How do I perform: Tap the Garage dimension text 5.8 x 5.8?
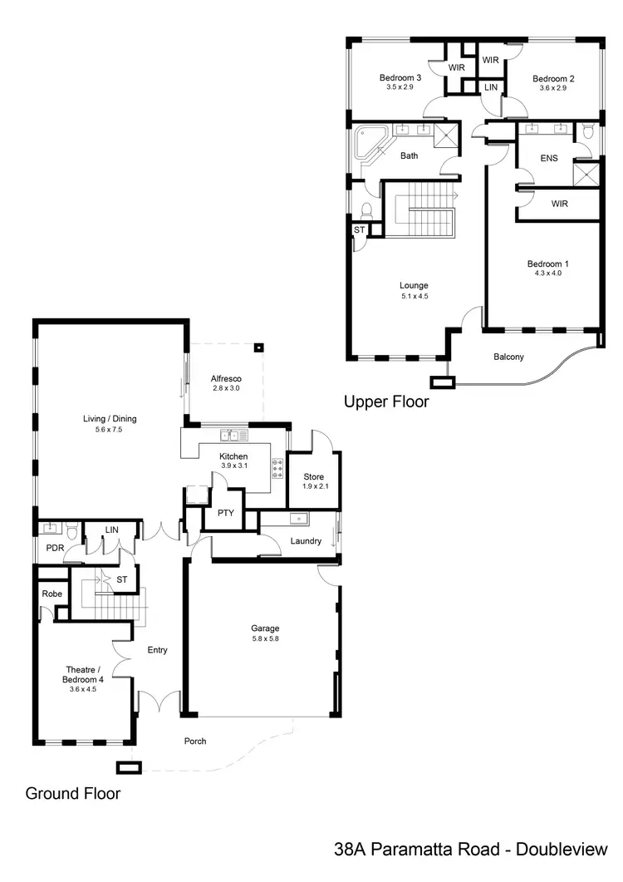point(266,638)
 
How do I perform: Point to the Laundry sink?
point(297,520)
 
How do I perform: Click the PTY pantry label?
point(225,514)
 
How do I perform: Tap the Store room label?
point(313,477)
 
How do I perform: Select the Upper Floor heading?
point(386,402)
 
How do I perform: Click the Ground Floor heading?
point(73,793)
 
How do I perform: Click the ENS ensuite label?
point(549,157)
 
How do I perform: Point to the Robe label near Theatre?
point(52,594)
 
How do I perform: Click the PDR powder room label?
point(55,548)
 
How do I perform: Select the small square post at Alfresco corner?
point(259,348)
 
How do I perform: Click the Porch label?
point(194,741)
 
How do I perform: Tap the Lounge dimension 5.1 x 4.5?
point(414,296)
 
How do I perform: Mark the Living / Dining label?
point(109,419)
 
